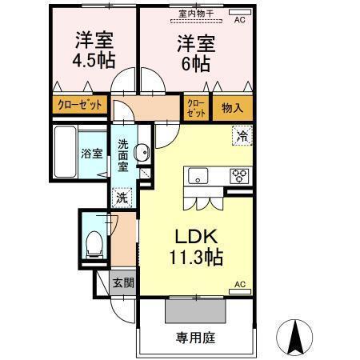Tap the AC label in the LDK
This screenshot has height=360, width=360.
click(x=238, y=284)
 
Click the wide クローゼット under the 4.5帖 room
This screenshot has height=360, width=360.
click(x=80, y=105)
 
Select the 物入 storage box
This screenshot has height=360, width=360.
click(x=233, y=106)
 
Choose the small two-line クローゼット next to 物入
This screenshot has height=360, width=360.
click(x=195, y=106)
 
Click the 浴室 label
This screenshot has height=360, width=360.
click(x=91, y=154)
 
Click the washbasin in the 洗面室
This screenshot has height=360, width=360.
click(x=140, y=153)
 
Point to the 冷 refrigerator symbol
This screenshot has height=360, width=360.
click(x=240, y=137)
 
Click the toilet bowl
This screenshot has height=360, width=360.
click(x=93, y=242)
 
